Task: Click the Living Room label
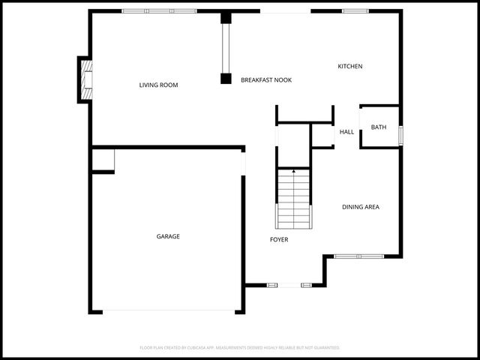(158, 85)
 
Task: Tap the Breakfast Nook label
(266, 79)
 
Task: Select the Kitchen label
(349, 67)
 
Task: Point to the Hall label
(346, 132)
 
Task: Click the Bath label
(379, 127)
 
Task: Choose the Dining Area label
(360, 207)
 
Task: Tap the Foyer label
(279, 240)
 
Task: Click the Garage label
(168, 236)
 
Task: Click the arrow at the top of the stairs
(293, 172)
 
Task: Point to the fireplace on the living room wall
(86, 79)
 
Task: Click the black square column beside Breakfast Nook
(226, 78)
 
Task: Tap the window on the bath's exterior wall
(401, 135)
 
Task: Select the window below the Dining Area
(358, 256)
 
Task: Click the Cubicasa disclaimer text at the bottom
(240, 348)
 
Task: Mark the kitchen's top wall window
(355, 11)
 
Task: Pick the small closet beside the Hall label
(322, 136)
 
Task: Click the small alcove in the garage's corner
(103, 160)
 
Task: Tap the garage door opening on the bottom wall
(169, 311)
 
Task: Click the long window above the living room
(159, 11)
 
